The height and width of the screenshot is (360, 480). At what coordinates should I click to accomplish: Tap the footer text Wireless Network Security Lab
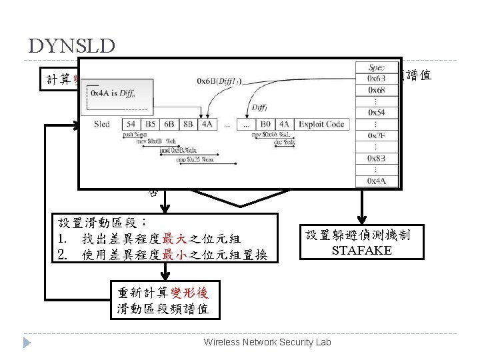click(x=267, y=341)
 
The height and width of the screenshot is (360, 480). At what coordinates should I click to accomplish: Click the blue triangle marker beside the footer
click(x=27, y=342)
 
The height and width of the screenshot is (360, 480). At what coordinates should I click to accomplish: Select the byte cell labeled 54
click(x=131, y=123)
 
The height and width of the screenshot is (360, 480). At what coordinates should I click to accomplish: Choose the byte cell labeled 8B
click(x=187, y=123)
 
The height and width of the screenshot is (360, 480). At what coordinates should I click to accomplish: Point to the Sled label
click(x=102, y=123)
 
